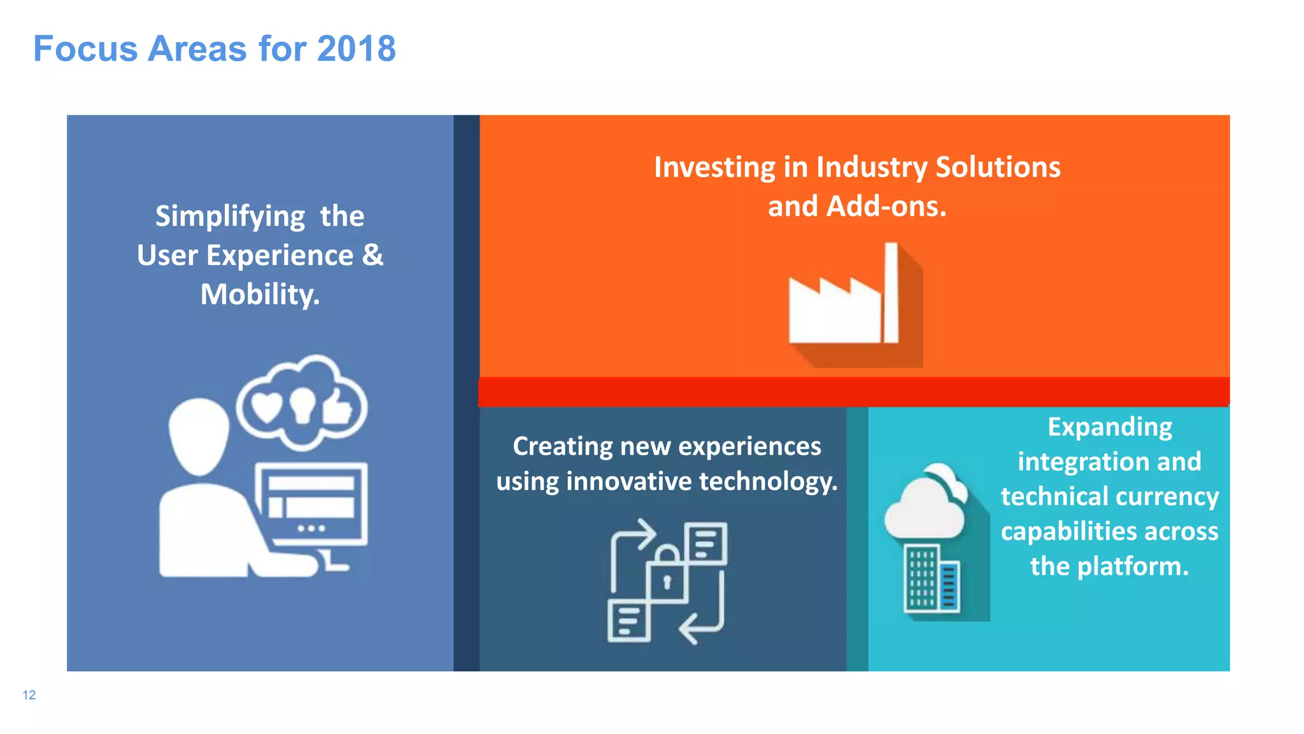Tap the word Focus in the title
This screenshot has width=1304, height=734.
(85, 49)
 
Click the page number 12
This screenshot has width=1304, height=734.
(29, 695)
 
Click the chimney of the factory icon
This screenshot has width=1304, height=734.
(891, 292)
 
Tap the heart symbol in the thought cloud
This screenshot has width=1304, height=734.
(266, 407)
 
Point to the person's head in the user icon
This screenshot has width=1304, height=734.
(199, 436)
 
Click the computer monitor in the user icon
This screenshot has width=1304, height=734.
(311, 503)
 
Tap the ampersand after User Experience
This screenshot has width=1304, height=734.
(372, 255)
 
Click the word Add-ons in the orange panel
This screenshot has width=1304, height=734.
(886, 206)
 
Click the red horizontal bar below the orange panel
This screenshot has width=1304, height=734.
(853, 391)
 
